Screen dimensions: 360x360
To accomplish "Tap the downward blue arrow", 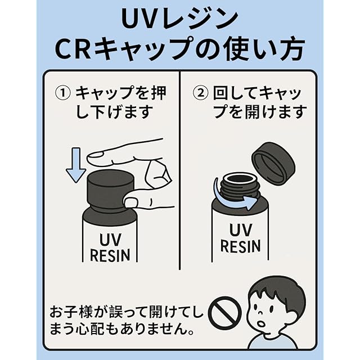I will coord(75,164).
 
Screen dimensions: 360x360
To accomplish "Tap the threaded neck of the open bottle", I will coord(237,186).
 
